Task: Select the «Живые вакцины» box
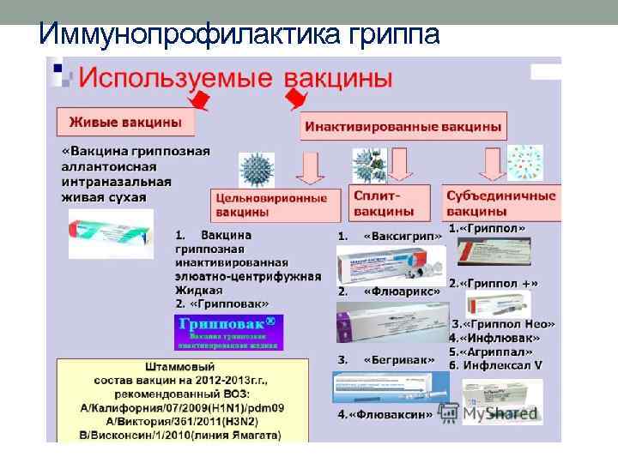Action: (125, 121)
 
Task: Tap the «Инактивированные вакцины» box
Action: (403, 126)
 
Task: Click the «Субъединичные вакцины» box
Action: (500, 202)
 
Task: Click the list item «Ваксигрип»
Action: (403, 236)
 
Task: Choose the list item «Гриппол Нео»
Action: (504, 324)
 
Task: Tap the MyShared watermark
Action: (489, 413)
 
